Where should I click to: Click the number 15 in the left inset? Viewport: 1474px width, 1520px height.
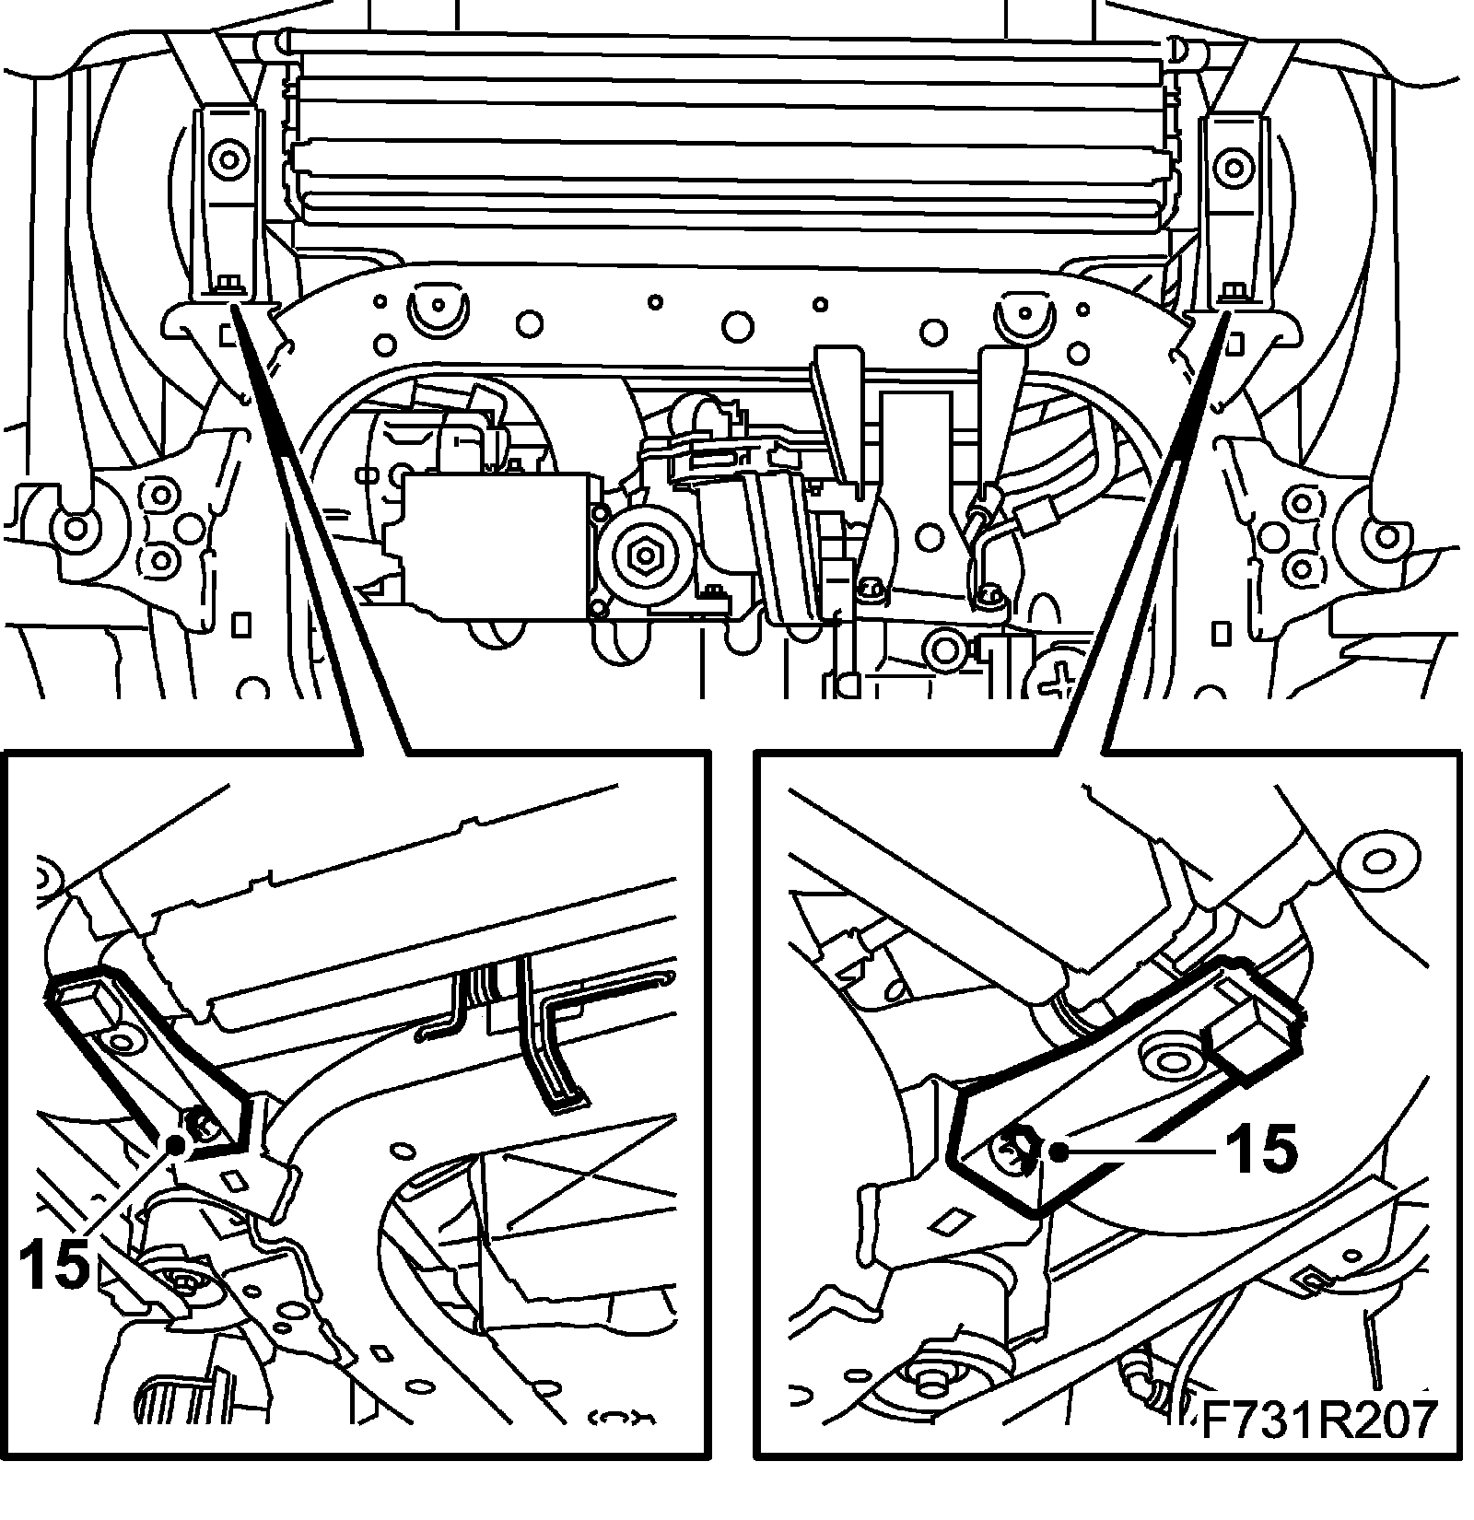[53, 1262]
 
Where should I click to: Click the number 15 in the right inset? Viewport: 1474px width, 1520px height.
[1260, 1150]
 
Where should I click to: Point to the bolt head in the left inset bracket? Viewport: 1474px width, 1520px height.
[196, 1123]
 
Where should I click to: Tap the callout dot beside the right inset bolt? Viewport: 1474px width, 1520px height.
[1061, 1150]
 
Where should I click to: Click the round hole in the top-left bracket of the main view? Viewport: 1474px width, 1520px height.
[227, 161]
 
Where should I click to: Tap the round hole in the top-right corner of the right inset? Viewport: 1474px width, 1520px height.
[1378, 861]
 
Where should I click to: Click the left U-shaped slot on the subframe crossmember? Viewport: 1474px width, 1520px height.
[437, 313]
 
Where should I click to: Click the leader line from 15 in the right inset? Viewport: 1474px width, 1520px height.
[1142, 1150]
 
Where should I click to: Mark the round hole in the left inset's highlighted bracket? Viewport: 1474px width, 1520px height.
[120, 1042]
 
